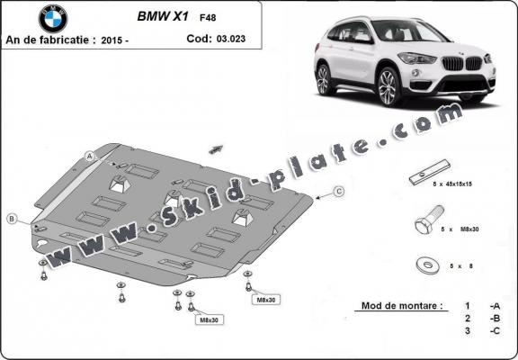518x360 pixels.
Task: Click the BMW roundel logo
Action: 53,18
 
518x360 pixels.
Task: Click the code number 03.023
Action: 228,39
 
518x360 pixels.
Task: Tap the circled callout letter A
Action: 90,157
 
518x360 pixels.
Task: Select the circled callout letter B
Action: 12,219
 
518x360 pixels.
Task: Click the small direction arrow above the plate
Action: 216,146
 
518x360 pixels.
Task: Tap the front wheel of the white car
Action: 388,87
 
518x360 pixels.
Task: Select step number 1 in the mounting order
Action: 468,306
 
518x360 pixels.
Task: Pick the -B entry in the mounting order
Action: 494,319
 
